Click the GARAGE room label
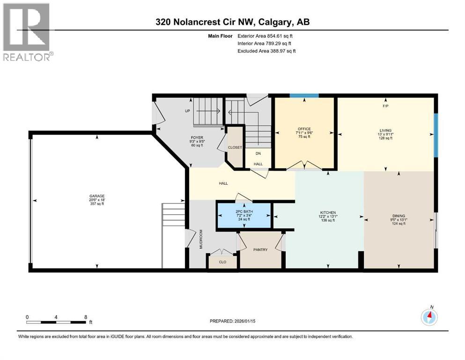(97, 196)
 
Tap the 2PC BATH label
(244, 212)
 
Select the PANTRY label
(260, 249)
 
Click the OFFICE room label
(304, 129)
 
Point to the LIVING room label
(385, 130)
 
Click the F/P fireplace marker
(385, 106)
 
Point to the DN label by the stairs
(258, 153)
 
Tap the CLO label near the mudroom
(222, 262)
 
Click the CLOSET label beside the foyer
(235, 147)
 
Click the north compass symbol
(429, 317)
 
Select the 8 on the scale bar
(85, 317)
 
